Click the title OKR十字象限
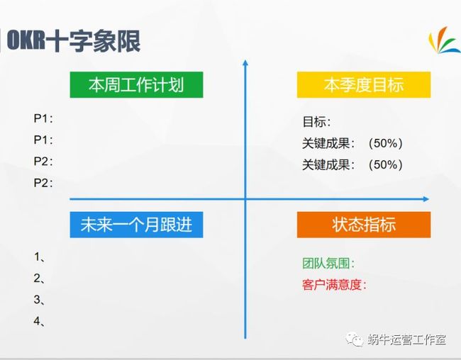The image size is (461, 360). point(73,40)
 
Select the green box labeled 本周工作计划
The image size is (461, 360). point(136,84)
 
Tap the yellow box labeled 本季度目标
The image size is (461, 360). point(364,84)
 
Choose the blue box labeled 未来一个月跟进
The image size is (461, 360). point(136,225)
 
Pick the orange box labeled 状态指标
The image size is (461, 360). point(364,225)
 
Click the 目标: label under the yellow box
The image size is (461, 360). point(316,122)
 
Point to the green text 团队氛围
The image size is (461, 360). point(328,263)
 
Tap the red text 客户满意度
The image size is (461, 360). point(334,284)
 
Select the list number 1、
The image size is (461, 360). point(39,257)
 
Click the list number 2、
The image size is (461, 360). point(39,279)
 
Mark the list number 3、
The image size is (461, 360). point(39,300)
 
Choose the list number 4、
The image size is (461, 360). point(39,321)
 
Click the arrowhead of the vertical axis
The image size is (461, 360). point(245,62)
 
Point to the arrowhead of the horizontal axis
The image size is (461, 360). point(426,199)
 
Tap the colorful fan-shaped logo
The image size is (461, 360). point(444,40)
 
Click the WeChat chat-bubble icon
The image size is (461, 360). point(355,339)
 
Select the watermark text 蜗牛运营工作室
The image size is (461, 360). point(406,339)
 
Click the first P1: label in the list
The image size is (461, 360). point(43,118)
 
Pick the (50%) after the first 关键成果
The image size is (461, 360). point(385,143)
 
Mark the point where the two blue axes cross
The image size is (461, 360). point(245,199)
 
